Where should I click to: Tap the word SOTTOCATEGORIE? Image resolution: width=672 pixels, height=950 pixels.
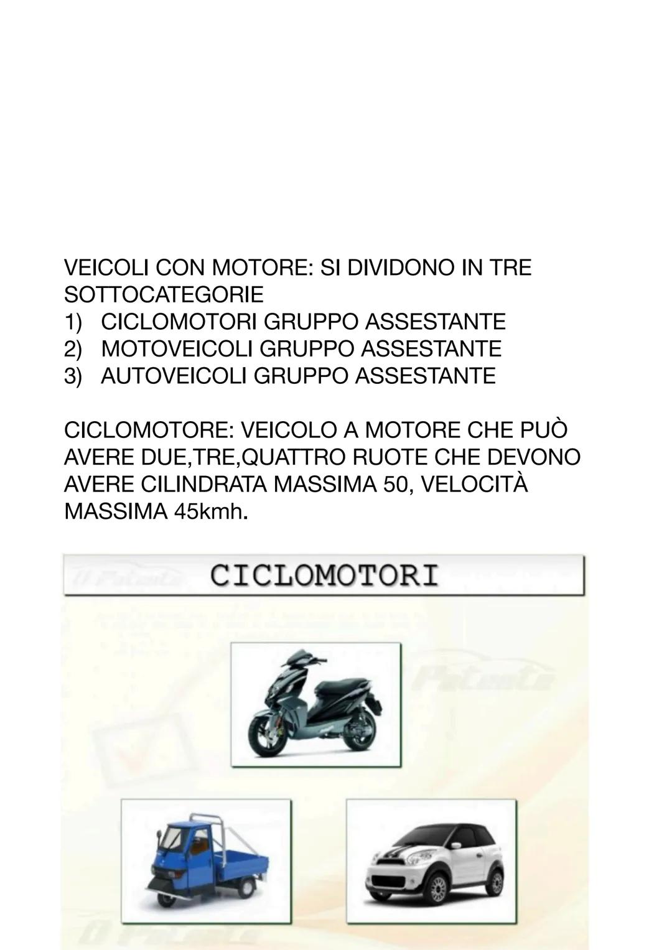click(164, 295)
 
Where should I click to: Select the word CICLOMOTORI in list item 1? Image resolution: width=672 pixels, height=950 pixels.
click(179, 322)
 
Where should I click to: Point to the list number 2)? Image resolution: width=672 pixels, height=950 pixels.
click(73, 349)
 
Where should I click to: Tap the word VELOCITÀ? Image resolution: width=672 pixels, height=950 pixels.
click(474, 485)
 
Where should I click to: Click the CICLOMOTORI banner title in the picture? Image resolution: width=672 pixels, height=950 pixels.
click(324, 575)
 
